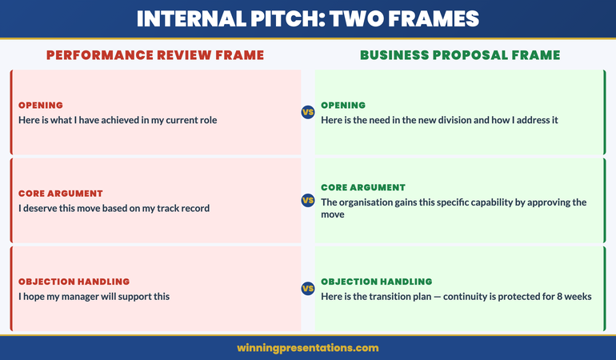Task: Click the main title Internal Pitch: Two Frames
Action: point(307,19)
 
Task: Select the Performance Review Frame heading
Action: point(155,55)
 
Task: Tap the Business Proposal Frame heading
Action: point(460,55)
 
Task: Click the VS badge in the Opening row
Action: point(308,112)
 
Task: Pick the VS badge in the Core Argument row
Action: point(308,200)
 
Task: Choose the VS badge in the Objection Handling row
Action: point(308,288)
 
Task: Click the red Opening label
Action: point(41,105)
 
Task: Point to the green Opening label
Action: point(343,105)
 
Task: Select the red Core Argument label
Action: point(62,194)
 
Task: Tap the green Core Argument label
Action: point(363,187)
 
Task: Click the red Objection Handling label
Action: point(74,282)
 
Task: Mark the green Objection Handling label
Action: point(376,282)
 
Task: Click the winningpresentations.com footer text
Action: point(307,348)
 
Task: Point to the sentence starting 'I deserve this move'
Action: point(114,209)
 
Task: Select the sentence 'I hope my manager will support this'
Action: point(94,297)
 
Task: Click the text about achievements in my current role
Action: point(118,120)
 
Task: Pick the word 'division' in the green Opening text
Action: point(446,120)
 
